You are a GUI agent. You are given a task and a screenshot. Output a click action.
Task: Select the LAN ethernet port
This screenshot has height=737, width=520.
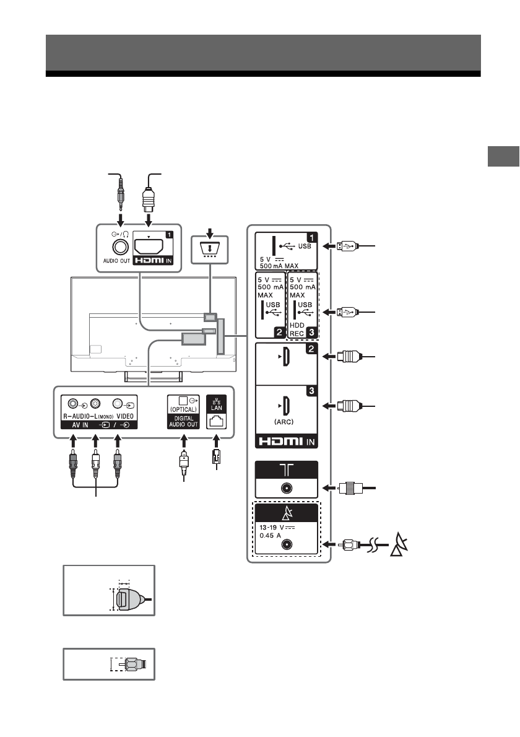coord(217,421)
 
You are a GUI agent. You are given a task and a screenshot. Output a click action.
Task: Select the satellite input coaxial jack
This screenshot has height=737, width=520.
coord(285,545)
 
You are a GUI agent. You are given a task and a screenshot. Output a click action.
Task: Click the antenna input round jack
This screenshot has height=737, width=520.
coord(285,487)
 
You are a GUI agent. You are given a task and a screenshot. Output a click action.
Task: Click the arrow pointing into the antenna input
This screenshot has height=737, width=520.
coord(327,487)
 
